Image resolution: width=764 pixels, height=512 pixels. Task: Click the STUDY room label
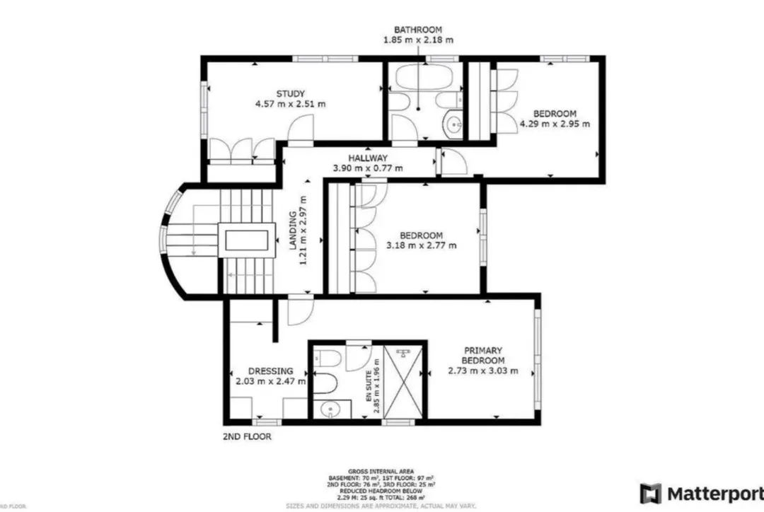tap(290, 93)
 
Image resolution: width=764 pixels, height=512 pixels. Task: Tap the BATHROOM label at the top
tap(418, 30)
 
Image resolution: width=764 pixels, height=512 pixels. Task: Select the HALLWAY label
tap(368, 158)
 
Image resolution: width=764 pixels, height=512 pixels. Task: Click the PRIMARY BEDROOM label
tap(483, 355)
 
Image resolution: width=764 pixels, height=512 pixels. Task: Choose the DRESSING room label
tap(270, 371)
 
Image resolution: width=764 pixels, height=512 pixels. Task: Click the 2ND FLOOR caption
tap(246, 436)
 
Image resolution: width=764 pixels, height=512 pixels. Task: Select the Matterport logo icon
tap(650, 493)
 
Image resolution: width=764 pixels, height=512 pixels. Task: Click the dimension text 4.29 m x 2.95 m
tap(555, 124)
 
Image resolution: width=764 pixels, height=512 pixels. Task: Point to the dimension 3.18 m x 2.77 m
tap(421, 246)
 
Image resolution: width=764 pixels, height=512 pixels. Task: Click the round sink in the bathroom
tap(453, 126)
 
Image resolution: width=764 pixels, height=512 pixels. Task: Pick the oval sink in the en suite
tap(328, 408)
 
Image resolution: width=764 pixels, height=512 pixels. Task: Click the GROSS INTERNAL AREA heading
tap(381, 471)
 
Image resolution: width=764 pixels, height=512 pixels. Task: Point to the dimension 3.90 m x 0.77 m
tap(368, 168)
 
